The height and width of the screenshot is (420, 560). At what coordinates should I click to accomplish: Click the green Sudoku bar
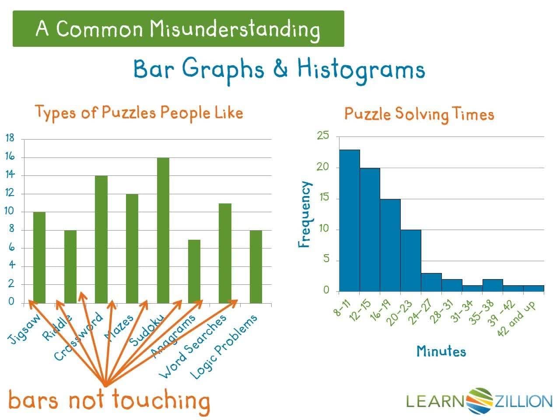(163, 230)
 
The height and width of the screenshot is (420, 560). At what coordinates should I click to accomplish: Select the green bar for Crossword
(101, 239)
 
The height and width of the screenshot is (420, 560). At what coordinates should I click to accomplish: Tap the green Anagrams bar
(194, 271)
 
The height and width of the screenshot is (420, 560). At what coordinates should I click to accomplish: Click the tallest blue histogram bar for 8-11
(349, 220)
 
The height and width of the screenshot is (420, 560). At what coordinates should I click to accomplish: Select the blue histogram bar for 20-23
(411, 260)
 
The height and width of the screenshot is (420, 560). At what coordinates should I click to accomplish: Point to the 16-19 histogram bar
(390, 245)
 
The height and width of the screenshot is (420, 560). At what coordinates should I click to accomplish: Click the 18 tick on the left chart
(10, 138)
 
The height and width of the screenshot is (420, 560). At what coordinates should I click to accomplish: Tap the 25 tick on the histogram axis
(322, 136)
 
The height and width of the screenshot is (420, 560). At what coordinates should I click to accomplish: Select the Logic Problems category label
(223, 347)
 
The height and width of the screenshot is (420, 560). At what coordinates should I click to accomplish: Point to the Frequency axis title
(305, 214)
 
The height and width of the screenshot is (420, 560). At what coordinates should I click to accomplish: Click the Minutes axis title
(441, 351)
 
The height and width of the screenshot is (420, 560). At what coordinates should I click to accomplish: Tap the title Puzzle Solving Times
(419, 114)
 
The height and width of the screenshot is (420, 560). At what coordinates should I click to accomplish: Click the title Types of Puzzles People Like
(139, 112)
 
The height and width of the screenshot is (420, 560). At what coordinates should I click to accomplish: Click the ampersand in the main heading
(280, 69)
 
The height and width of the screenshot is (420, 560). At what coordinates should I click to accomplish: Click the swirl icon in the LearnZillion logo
(479, 400)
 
